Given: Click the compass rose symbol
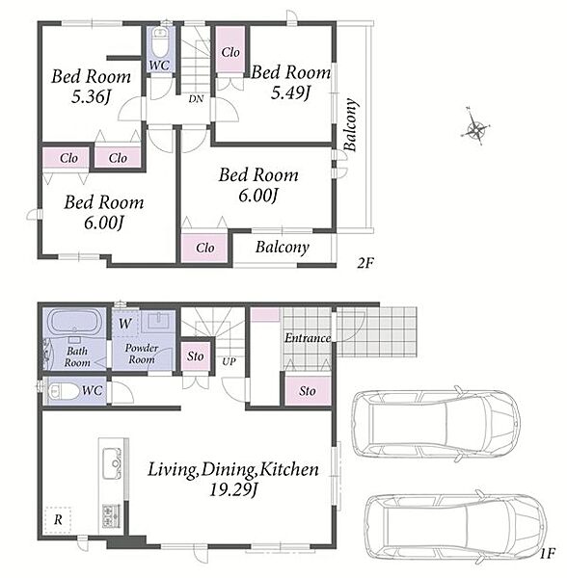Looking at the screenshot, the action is coord(476,127).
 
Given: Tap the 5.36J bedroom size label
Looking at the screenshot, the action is coord(91,97).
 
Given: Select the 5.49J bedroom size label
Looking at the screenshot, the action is coord(290,92).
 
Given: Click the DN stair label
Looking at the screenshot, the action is coord(196,99).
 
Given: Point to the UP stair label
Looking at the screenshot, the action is coord(229,361).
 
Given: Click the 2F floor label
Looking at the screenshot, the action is coord(365,263).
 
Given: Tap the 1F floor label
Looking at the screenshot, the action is coord(547,554).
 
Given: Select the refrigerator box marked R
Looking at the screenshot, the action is coord(58,520).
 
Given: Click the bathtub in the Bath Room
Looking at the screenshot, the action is coord(75,321).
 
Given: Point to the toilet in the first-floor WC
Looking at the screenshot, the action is coord(63,391).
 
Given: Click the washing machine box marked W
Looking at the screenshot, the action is coord(125,324).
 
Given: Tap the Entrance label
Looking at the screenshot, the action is coord(308,338).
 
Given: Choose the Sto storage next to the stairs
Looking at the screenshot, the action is coord(196,356).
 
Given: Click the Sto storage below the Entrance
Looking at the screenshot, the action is coord(308,391).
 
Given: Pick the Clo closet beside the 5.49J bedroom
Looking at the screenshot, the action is coord(230,50).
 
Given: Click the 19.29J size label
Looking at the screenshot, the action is coord(233,489).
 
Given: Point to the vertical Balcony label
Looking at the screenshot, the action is coord(351,124).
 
